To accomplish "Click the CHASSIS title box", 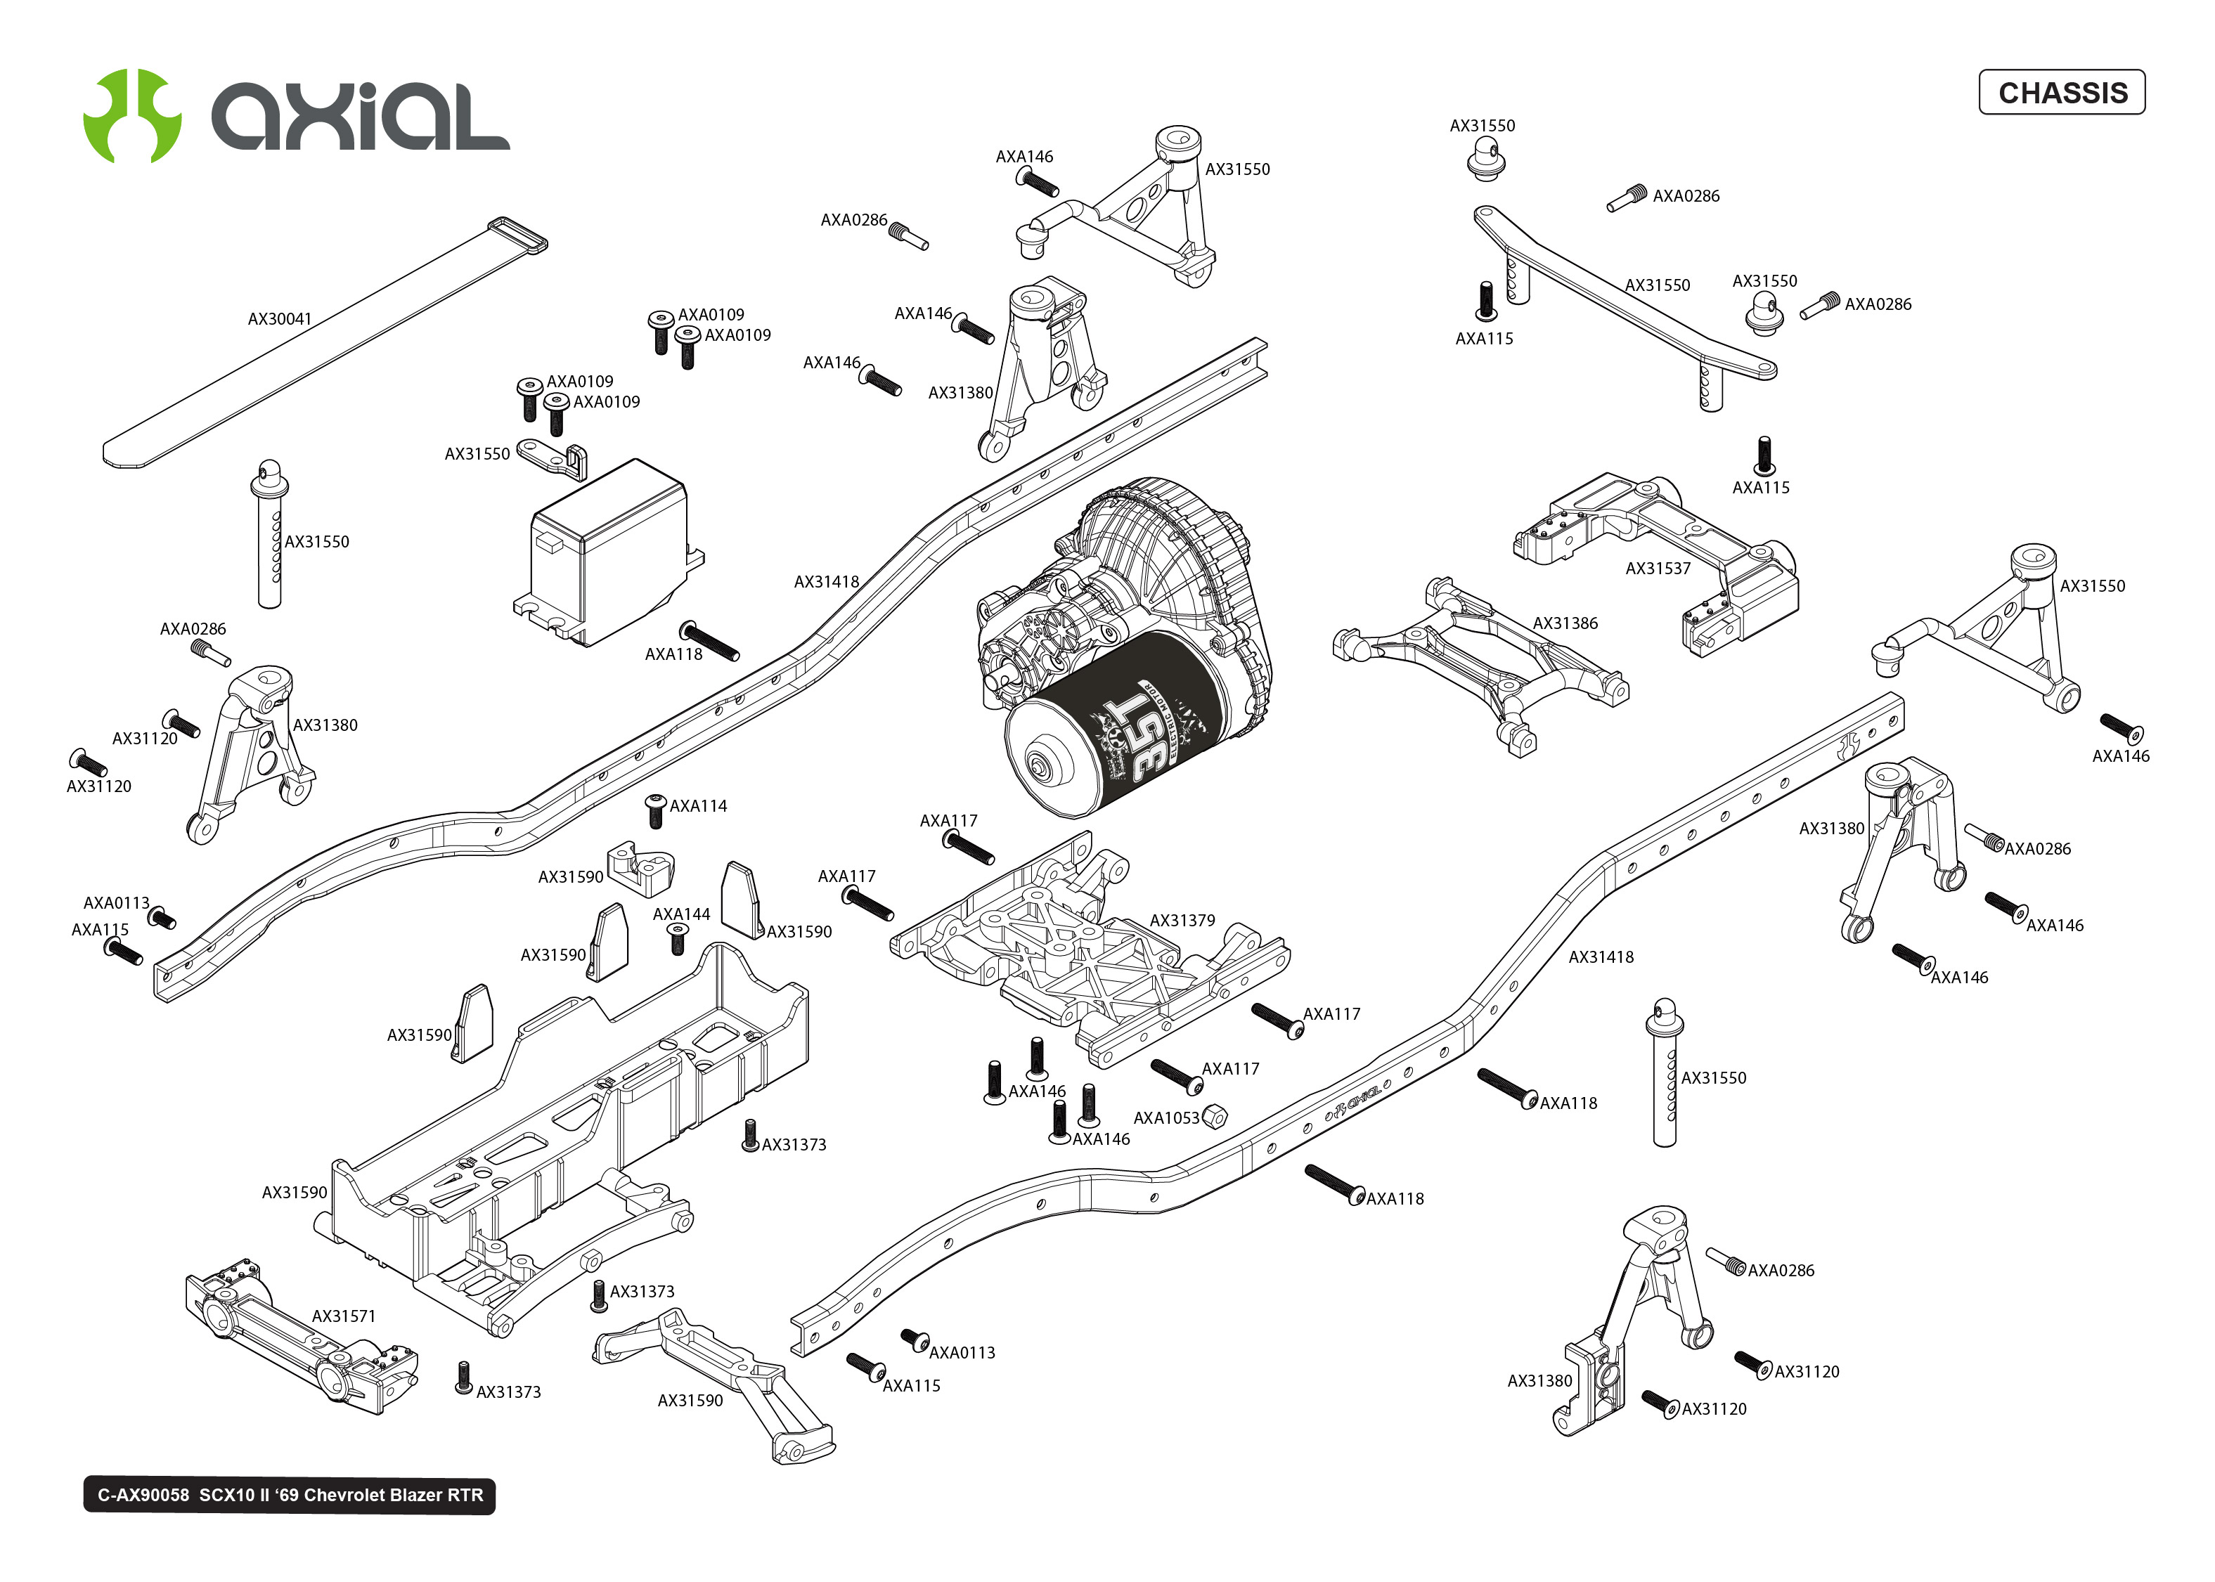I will (x=2061, y=93).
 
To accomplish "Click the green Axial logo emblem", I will (x=132, y=115).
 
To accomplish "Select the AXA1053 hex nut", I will (x=1214, y=1116).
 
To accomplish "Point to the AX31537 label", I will (x=1658, y=569).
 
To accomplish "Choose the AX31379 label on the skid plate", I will (x=1182, y=921).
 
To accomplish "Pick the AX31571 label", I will (x=343, y=1317).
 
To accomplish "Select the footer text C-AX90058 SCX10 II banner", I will (x=290, y=1496).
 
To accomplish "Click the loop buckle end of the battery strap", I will (x=517, y=235).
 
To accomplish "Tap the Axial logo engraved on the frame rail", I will (x=1354, y=1101).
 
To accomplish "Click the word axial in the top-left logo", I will (x=361, y=117).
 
